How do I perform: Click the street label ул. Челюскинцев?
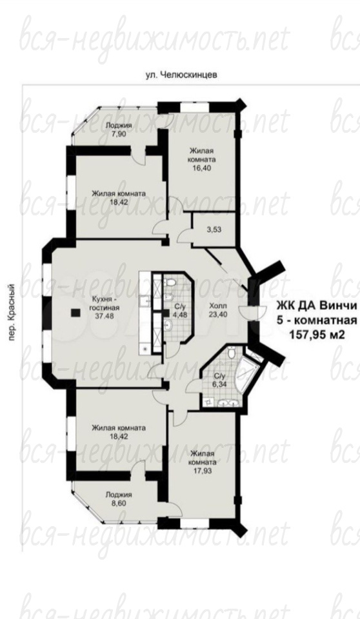pyautogui.click(x=181, y=75)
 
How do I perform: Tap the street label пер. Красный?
pyautogui.click(x=12, y=313)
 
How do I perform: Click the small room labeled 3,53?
pyautogui.click(x=214, y=230)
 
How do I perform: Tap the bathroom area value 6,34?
pyautogui.click(x=217, y=384)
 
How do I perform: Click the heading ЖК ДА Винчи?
pyautogui.click(x=316, y=306)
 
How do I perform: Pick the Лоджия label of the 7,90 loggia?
pyautogui.click(x=119, y=126)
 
